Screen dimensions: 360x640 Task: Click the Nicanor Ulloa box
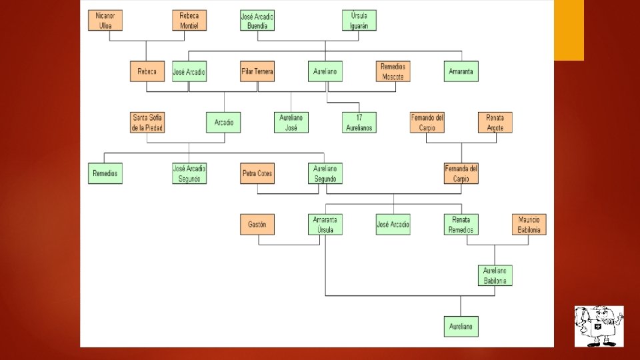[105, 20]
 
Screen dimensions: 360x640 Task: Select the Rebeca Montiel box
[189, 20]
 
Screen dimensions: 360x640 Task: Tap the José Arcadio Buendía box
[257, 20]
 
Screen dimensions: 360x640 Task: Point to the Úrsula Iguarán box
[359, 20]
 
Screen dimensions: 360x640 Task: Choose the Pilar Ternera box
[257, 71]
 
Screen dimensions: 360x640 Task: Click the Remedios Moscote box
[393, 71]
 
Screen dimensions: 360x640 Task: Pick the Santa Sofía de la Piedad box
[147, 123]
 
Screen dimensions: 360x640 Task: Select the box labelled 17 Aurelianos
[359, 123]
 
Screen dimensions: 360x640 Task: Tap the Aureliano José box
[291, 123]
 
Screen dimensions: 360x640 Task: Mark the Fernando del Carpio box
[427, 123]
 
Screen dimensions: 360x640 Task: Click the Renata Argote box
[495, 123]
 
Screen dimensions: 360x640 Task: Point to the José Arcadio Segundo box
[189, 173]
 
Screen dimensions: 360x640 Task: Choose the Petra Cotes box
[257, 173]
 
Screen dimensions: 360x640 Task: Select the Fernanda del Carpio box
[461, 173]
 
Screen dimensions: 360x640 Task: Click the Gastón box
[257, 225]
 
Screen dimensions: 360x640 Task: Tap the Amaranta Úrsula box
[325, 225]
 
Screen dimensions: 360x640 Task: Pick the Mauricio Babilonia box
[529, 225]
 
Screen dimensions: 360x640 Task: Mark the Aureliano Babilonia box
[495, 275]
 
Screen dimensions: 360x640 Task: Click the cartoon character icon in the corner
[599, 326]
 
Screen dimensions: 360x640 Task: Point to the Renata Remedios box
[461, 225]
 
